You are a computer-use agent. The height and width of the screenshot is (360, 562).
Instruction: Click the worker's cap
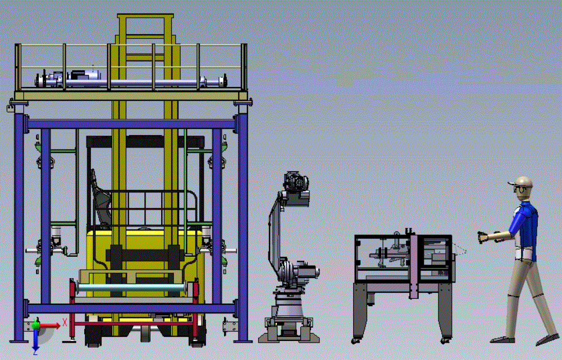521,182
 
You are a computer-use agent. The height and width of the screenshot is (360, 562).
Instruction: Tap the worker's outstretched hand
483,237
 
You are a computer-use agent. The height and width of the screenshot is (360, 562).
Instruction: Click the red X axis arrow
49,325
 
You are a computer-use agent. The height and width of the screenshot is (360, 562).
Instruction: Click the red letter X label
65,322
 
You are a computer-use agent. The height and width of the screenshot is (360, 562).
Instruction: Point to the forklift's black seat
100,200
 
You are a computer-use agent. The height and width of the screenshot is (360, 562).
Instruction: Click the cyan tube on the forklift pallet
132,287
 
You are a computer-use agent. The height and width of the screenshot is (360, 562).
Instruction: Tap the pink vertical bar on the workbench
414,266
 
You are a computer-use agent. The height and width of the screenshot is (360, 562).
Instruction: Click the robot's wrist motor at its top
296,182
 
